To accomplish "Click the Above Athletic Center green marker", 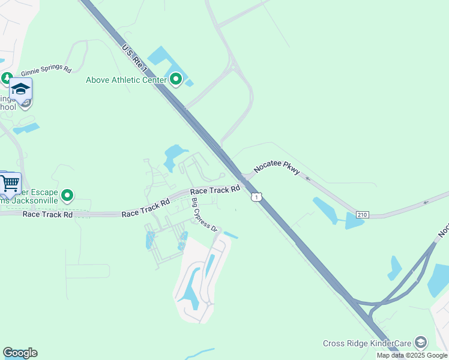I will tap(176, 79).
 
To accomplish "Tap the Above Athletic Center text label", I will tap(127, 80).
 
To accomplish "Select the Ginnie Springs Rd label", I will tap(46, 68).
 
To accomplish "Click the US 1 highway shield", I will tap(256, 197).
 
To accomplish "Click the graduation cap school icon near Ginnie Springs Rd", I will tap(20, 89).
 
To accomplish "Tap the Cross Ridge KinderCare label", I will tap(367, 343).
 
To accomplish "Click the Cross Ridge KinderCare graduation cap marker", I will tap(421, 343).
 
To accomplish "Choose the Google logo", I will tap(20, 353).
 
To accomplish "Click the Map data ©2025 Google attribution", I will tap(412, 355).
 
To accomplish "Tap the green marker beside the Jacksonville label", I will tap(68, 195).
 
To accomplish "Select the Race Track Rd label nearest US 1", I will tap(215, 190).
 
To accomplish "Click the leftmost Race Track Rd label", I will tap(47, 214).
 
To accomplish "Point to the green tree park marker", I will tap(7, 78).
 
